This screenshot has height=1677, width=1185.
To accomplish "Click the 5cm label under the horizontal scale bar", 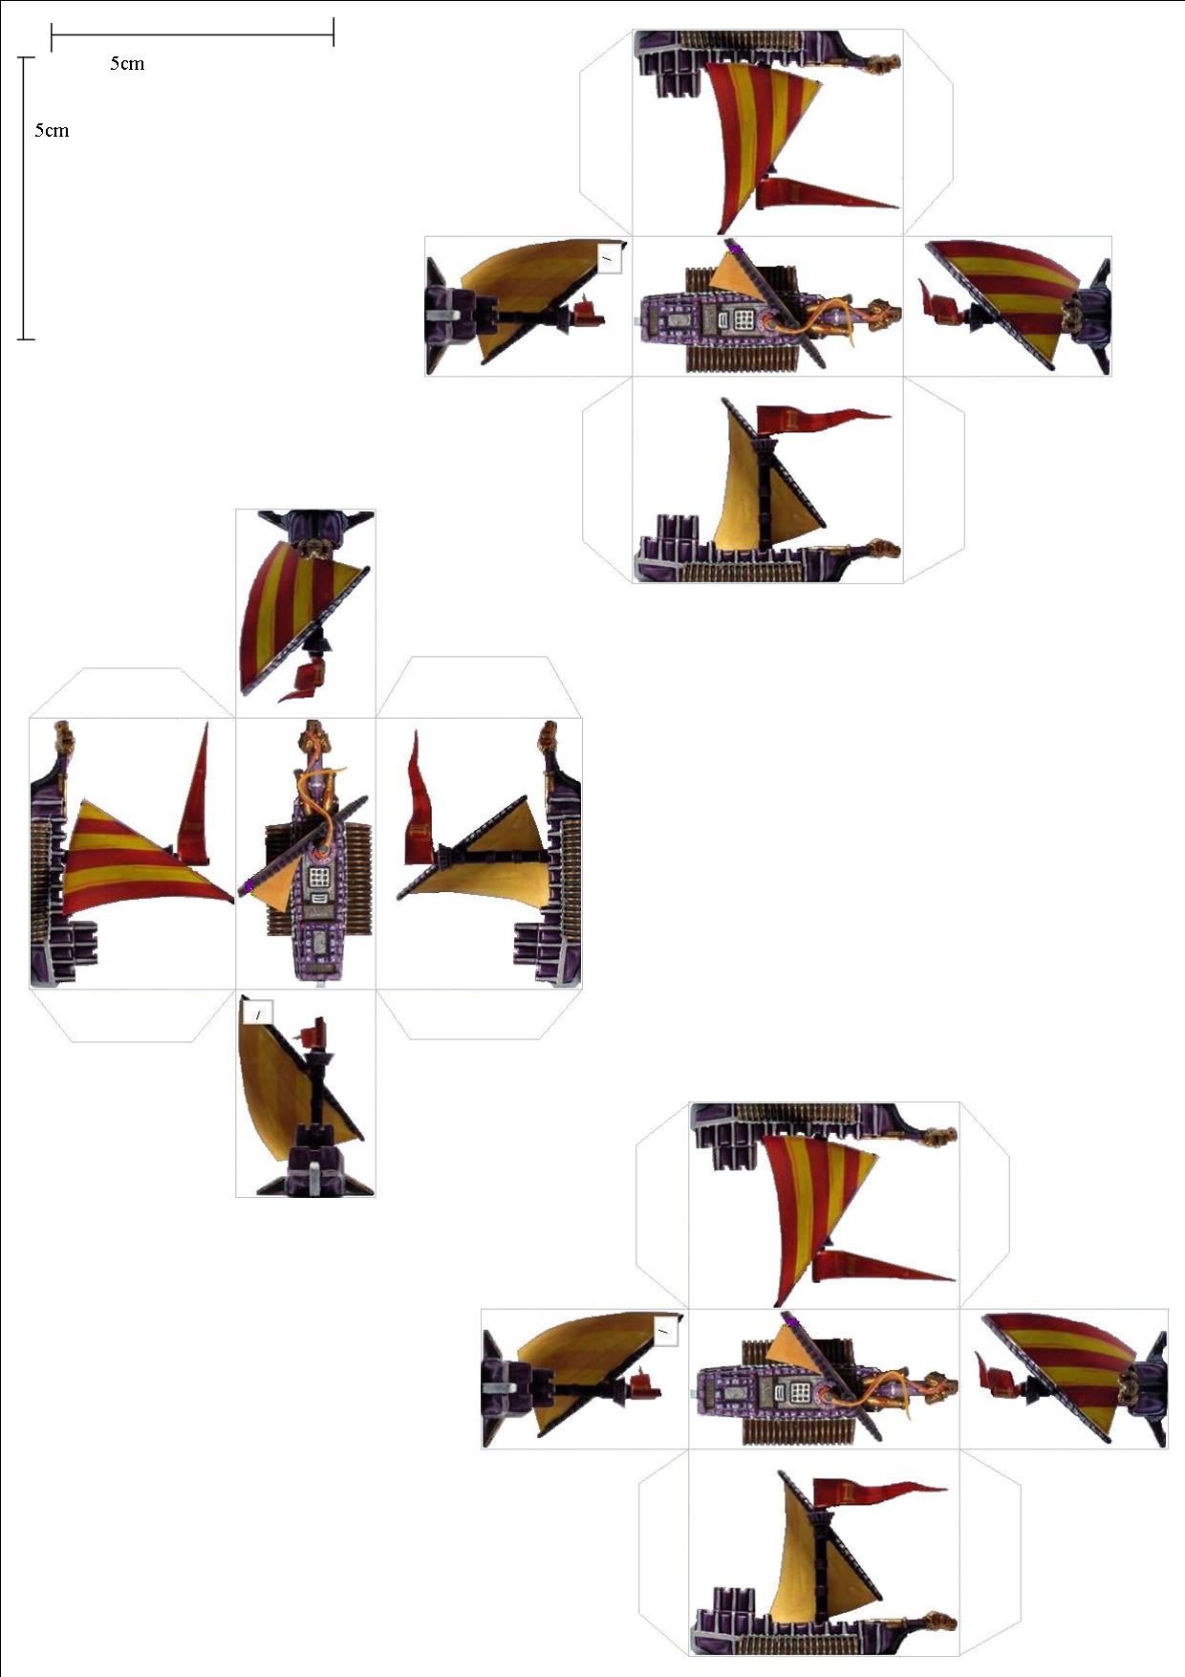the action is [x=127, y=64].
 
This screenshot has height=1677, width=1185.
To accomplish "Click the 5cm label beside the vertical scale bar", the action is [x=52, y=131].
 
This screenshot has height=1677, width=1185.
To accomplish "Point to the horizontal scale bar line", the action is [x=192, y=35].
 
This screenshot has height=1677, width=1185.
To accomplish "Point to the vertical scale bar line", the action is [x=27, y=198].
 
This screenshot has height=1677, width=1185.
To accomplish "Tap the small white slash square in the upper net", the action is [x=609, y=258].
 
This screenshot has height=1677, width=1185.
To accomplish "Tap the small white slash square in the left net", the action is [x=259, y=1013].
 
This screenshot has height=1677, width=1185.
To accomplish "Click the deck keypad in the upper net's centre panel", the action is [x=745, y=316].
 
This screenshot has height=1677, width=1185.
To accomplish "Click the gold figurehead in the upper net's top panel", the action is [x=884, y=64].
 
